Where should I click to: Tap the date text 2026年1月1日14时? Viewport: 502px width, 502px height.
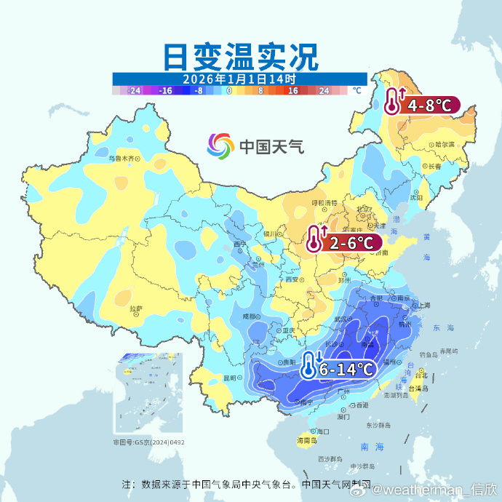click(239, 79)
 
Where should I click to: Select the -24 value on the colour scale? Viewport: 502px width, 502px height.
click(134, 91)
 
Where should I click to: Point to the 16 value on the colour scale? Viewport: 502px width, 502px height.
click(292, 91)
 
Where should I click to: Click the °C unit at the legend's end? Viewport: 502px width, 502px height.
click(356, 91)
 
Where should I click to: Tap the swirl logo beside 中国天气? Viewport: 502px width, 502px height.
click(220, 146)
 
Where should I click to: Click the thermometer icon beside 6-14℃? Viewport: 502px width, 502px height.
click(311, 366)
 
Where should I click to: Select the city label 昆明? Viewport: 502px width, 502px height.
click(230, 378)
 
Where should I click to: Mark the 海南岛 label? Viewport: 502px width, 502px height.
click(306, 441)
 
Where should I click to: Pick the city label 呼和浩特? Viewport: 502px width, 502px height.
click(324, 202)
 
